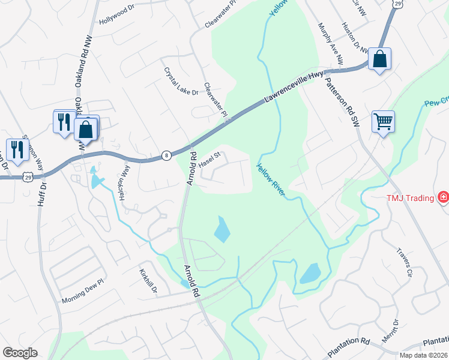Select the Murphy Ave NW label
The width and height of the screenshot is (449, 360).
point(331,44)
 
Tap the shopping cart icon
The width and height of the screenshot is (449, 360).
point(382,122)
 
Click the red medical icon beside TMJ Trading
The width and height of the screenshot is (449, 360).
point(443,196)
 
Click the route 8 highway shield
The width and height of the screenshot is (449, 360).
point(166,155)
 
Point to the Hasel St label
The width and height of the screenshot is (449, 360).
point(210,159)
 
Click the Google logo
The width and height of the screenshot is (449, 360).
point(20,353)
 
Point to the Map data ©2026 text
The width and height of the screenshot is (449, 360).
point(423,355)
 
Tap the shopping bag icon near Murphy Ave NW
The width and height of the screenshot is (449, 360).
point(379,59)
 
